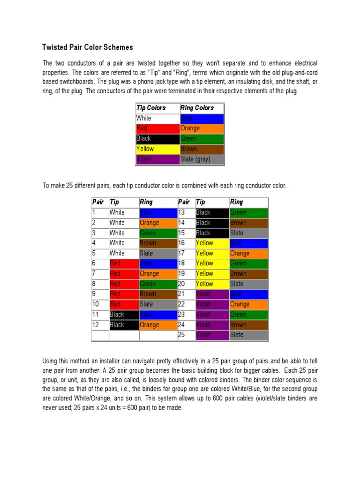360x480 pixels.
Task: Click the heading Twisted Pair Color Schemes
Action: point(88,47)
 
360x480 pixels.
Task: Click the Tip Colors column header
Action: point(151,108)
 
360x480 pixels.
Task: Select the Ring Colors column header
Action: point(197,108)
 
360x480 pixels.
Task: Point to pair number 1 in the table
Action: point(95,212)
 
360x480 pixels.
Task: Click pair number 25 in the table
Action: point(182,335)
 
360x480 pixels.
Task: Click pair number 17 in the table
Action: point(182,253)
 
